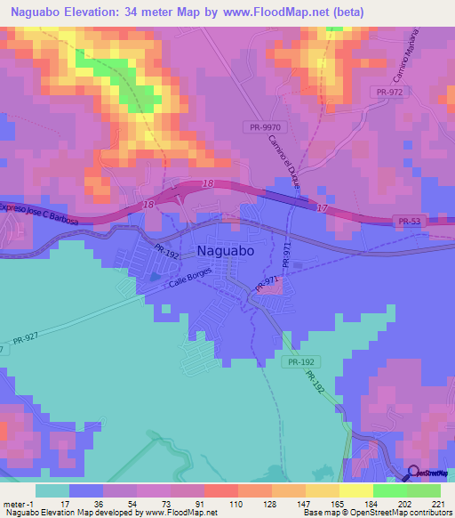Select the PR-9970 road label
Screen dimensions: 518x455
pyautogui.click(x=262, y=127)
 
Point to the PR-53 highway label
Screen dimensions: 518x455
pyautogui.click(x=409, y=221)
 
